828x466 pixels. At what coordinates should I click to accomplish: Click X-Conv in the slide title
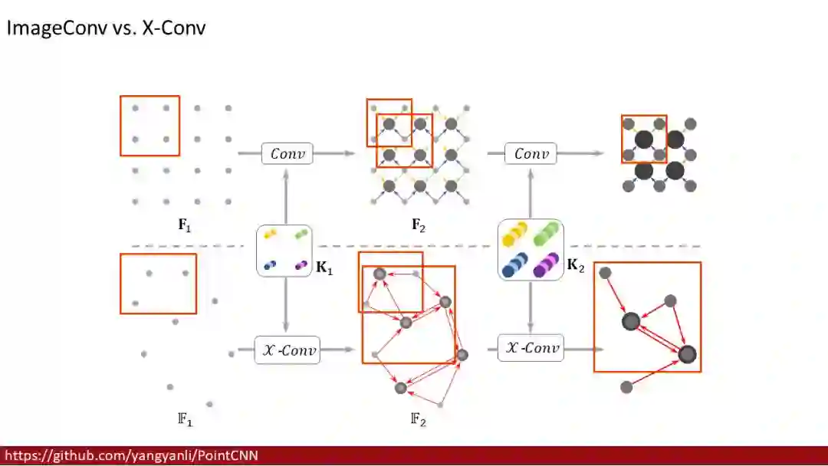pos(174,29)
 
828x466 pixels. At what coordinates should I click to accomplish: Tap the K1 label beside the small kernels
pos(324,270)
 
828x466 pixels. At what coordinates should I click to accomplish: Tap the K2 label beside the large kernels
pos(575,266)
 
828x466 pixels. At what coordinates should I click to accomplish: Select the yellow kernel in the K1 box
pos(271,234)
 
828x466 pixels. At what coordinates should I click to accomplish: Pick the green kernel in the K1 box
pos(301,234)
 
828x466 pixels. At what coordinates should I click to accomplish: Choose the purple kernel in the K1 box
pos(301,265)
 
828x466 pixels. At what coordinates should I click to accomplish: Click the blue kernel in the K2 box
pos(514,264)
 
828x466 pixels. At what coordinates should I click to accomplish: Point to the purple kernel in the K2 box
pos(546,265)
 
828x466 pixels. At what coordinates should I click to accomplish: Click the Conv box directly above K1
pos(287,153)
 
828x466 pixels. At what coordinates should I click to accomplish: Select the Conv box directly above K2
pos(531,153)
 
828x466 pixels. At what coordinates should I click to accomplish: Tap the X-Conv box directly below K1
pos(287,349)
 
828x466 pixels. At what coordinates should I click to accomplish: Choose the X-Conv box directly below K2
pos(531,348)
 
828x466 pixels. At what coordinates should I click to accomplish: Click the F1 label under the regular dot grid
pos(185,225)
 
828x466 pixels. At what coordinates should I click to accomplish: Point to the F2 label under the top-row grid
pos(418,225)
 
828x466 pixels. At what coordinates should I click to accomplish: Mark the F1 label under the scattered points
pos(185,420)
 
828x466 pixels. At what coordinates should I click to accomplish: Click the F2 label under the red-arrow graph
pos(418,420)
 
